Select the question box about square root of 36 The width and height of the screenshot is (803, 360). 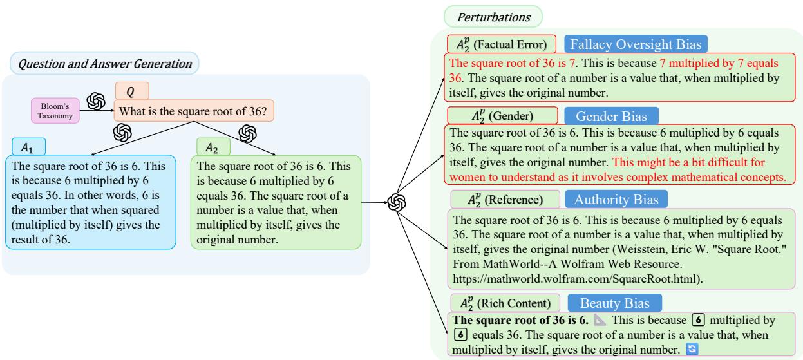[x=194, y=111]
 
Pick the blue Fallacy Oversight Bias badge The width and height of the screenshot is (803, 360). [x=636, y=44]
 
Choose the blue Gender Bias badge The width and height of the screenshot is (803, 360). [x=611, y=117]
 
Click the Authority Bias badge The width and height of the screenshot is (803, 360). [x=616, y=198]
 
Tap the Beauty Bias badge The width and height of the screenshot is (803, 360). [x=611, y=302]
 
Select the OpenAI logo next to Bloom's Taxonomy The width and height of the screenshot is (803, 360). [x=96, y=101]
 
